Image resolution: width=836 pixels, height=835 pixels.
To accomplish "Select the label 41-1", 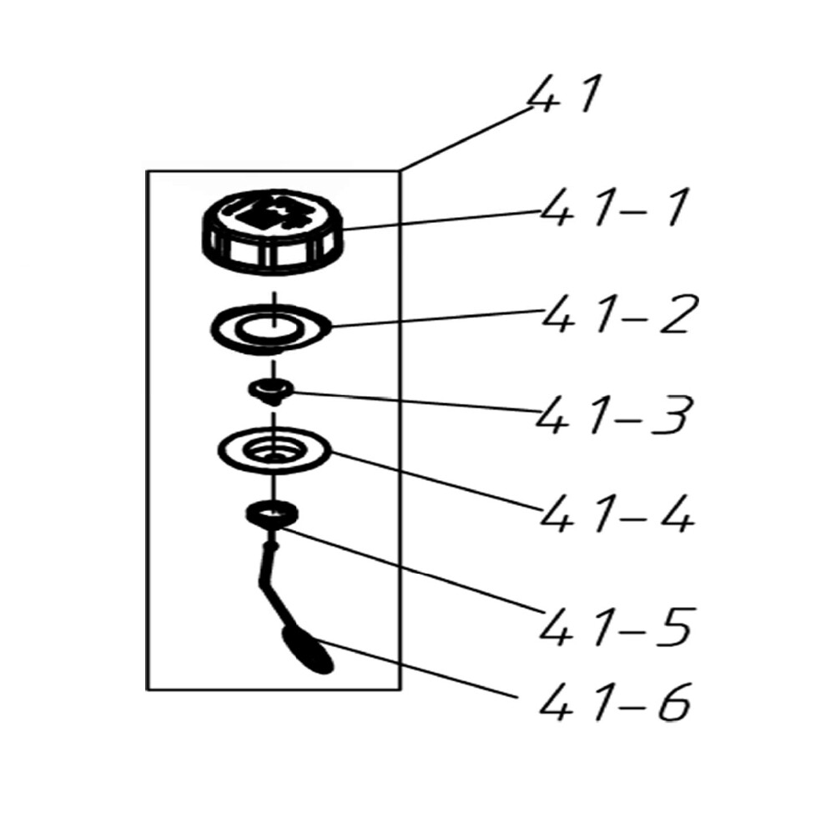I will tap(614, 208).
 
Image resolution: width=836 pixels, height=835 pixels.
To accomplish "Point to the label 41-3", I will tap(616, 415).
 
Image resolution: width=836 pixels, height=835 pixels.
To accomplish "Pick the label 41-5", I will tap(616, 625).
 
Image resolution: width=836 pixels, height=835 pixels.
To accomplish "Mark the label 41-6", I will tap(616, 704).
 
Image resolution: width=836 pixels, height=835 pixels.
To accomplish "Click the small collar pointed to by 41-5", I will tap(270, 512).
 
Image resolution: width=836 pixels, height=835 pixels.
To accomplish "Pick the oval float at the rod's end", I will tap(308, 651).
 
